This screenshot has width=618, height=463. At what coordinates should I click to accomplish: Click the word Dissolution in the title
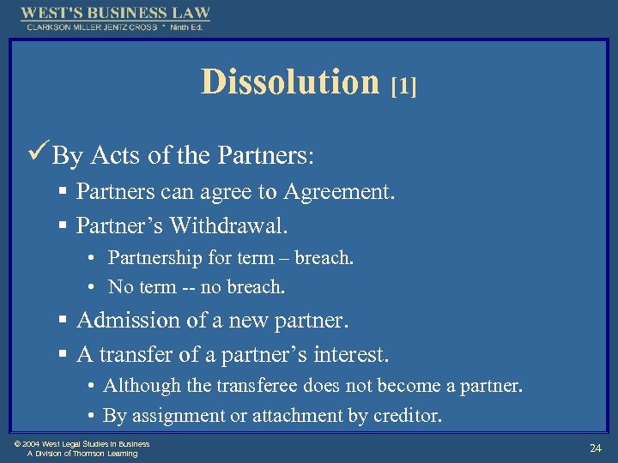click(289, 82)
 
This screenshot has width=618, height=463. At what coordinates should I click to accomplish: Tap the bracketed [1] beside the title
click(403, 86)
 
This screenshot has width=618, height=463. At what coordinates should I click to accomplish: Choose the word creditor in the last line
click(407, 417)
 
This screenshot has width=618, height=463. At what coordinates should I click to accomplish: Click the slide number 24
click(595, 448)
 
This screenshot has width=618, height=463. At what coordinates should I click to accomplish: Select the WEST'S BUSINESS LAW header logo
click(115, 14)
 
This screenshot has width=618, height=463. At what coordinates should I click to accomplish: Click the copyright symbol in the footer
click(18, 444)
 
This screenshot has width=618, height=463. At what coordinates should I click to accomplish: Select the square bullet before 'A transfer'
click(64, 354)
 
